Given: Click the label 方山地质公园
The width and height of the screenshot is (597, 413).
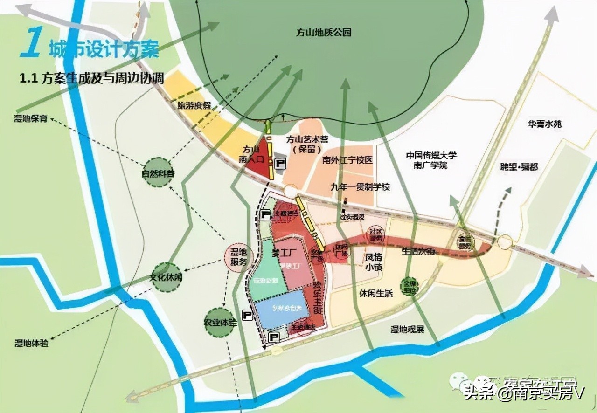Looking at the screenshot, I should [323, 33].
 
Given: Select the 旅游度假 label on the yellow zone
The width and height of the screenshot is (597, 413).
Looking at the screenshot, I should [194, 105].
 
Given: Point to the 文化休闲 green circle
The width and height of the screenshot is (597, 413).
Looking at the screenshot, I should [166, 277].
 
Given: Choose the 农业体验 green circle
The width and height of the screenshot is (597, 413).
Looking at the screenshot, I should [219, 323].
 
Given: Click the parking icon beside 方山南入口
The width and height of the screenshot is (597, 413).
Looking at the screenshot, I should [280, 163].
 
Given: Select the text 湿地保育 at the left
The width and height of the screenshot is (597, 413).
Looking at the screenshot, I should [30, 118].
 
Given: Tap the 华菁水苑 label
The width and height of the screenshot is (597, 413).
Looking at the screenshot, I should [545, 124].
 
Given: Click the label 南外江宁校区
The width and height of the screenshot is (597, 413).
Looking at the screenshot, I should [347, 160].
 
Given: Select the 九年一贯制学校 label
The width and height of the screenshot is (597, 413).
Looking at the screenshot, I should [360, 187].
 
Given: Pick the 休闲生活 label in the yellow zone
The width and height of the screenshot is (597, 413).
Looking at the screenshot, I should [376, 294].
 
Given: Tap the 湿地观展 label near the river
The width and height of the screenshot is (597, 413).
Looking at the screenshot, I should [407, 330].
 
